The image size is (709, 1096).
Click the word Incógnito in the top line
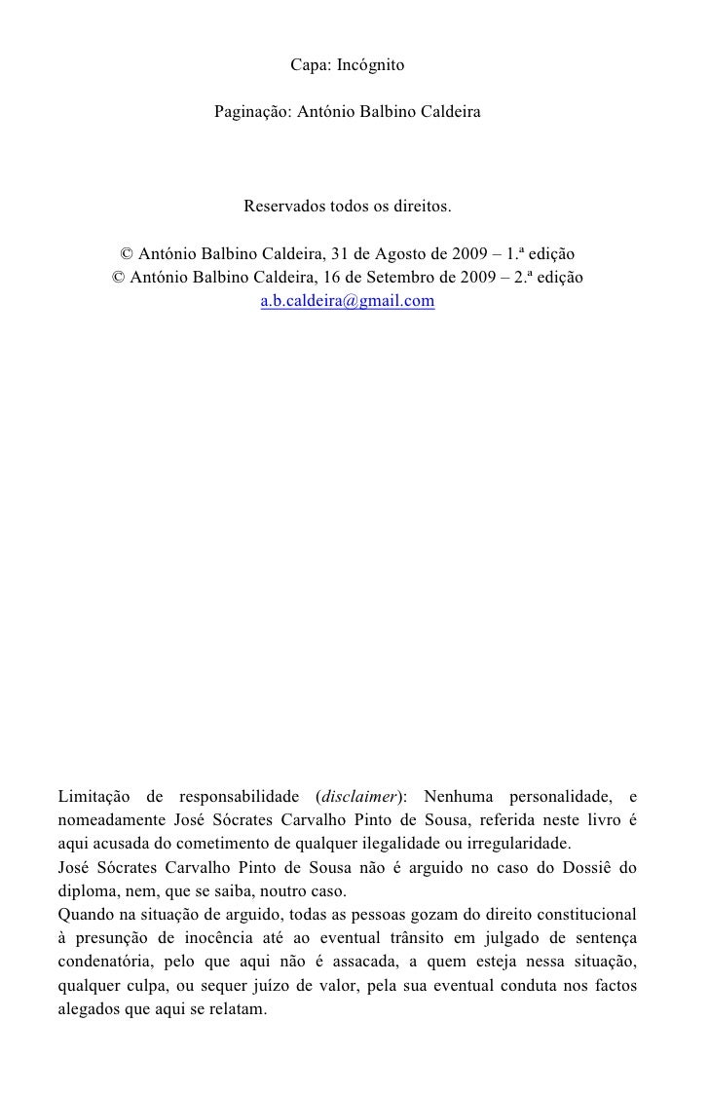coord(369,66)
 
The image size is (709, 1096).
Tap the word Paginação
coord(250,114)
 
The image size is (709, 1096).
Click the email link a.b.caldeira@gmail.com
coord(348,302)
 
